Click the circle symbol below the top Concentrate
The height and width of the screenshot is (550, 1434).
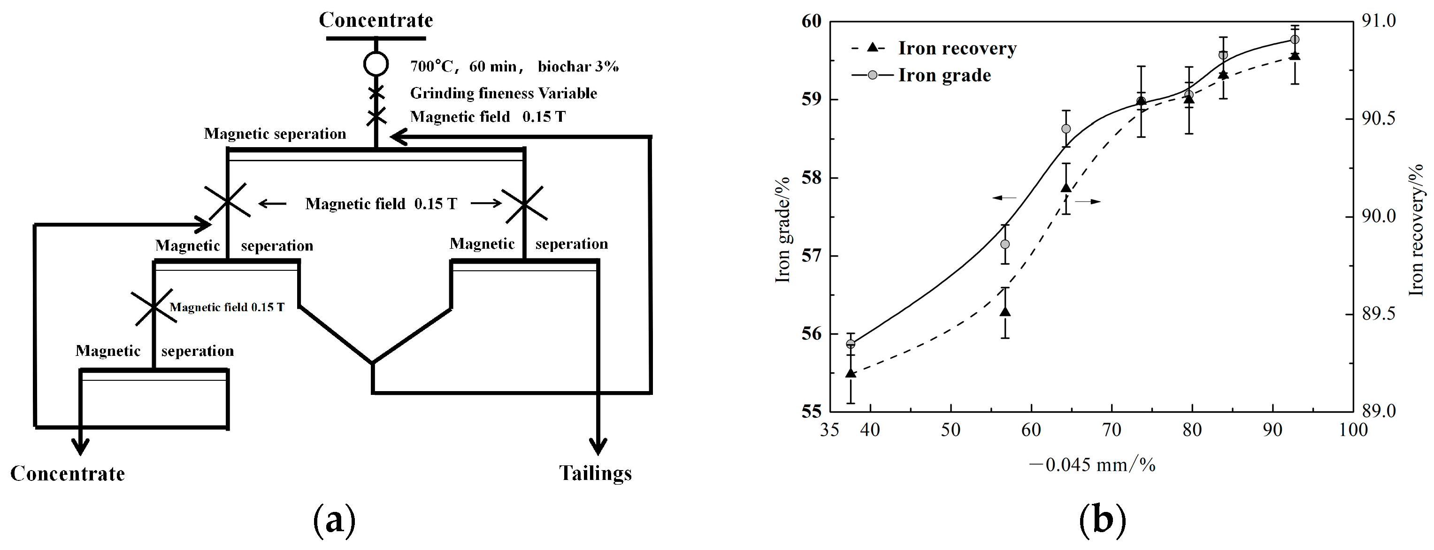376,63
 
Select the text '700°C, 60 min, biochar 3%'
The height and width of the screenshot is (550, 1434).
514,66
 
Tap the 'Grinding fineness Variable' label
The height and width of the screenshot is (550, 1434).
503,93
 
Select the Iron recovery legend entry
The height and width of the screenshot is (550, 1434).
957,48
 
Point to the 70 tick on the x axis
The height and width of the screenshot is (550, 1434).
1112,430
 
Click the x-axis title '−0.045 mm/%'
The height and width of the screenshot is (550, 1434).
1092,464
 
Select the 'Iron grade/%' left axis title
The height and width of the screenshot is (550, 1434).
783,229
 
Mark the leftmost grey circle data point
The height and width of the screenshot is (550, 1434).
851,344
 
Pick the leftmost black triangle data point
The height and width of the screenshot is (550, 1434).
851,373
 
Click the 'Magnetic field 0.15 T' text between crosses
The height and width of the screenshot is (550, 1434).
381,204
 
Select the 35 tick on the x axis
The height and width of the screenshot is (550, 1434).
829,430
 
